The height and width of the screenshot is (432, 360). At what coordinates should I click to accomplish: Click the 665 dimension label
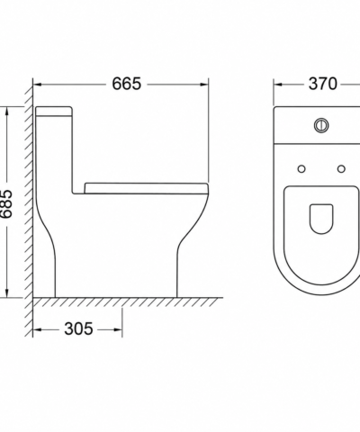(126, 84)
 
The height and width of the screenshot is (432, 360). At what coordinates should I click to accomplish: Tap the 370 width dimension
(323, 84)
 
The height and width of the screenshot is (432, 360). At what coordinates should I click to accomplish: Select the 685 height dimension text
(6, 203)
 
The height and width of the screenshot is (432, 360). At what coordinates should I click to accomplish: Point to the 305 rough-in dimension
(78, 328)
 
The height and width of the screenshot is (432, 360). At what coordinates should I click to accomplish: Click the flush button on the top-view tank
(321, 125)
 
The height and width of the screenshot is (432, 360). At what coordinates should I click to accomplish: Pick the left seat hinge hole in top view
(301, 169)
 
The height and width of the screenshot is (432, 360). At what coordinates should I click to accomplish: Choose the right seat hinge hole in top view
(341, 169)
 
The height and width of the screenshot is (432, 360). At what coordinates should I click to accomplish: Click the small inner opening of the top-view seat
(321, 219)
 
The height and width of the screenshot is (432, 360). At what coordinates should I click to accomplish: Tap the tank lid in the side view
(54, 111)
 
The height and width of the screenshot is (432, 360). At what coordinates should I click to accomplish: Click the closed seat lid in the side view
(147, 188)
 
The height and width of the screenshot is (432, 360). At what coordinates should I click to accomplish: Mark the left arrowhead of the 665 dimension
(37, 85)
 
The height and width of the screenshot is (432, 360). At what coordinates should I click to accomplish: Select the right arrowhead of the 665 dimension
(204, 85)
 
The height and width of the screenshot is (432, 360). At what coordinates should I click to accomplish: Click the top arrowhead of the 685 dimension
(7, 111)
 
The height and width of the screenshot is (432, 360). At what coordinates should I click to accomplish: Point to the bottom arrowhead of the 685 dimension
(7, 293)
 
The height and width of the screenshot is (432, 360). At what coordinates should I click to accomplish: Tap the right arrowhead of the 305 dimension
(118, 330)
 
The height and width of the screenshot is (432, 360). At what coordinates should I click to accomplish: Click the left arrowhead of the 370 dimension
(278, 85)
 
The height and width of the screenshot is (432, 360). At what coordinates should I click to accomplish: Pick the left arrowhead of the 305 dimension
(37, 330)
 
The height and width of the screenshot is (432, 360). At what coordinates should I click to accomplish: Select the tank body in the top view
(317, 125)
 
